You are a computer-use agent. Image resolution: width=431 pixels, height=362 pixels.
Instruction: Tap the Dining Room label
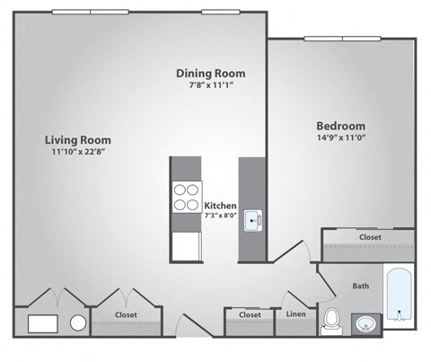(x=210, y=73)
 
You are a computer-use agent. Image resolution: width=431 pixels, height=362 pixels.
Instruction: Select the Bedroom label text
(x=340, y=125)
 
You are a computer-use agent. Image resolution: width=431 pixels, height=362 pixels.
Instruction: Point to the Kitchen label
(x=221, y=205)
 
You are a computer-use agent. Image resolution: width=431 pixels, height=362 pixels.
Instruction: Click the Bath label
(x=360, y=287)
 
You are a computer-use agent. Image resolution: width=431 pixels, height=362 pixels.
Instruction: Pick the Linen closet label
(x=295, y=314)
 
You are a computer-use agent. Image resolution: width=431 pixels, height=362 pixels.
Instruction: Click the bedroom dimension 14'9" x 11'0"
(x=340, y=137)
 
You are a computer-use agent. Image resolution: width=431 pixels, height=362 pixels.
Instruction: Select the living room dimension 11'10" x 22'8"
(x=76, y=152)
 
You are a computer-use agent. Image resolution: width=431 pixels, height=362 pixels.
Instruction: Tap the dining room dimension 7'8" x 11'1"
(x=210, y=85)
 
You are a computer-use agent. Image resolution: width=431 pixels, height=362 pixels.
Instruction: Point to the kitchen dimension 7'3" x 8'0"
(x=221, y=216)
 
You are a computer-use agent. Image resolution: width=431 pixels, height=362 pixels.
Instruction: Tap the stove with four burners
(x=187, y=197)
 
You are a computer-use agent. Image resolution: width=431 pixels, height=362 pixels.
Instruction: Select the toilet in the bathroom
(x=331, y=319)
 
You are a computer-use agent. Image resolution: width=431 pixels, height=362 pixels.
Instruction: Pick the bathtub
(x=399, y=296)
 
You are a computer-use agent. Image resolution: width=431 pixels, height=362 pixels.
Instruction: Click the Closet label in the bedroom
(x=370, y=237)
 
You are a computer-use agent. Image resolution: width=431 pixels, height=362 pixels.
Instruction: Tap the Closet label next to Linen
(x=250, y=314)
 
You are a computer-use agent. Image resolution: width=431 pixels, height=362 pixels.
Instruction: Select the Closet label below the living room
(x=125, y=314)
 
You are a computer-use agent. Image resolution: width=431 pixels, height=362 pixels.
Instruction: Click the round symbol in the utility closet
(x=78, y=322)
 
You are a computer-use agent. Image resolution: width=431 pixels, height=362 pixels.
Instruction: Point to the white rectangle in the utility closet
(x=43, y=323)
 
